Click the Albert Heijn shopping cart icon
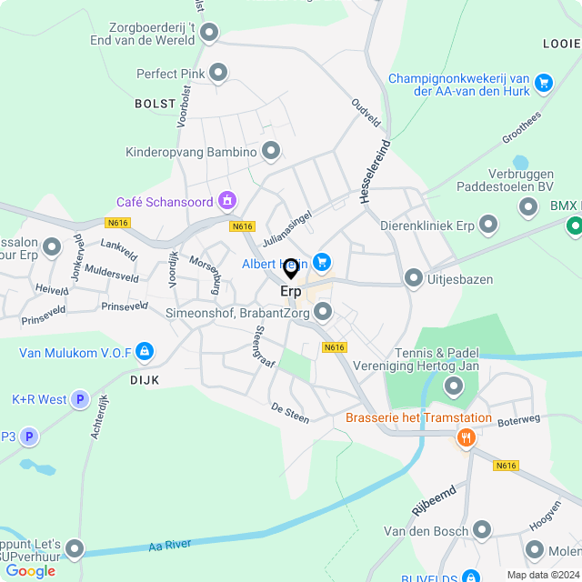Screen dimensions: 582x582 coord(322,262)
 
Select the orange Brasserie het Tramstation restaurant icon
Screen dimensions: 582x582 coord(467,437)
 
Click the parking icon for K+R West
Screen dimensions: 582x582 coord(80,399)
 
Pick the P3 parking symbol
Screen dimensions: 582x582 coord(29,437)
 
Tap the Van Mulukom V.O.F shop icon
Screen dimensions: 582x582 coord(145,351)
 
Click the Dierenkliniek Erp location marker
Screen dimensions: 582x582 coord(488,224)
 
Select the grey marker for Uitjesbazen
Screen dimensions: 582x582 coord(414,278)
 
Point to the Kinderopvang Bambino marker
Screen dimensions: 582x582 coord(271,151)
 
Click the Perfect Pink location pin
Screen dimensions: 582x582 coord(218,73)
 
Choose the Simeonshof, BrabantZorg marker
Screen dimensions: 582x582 coord(324,313)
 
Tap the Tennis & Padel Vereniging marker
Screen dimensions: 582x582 coord(453,388)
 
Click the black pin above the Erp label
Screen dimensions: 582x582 coord(291,268)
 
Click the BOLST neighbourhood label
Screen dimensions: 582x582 coord(155,104)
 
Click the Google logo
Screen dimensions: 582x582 coord(30,571)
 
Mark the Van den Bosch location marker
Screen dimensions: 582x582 coord(482,530)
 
